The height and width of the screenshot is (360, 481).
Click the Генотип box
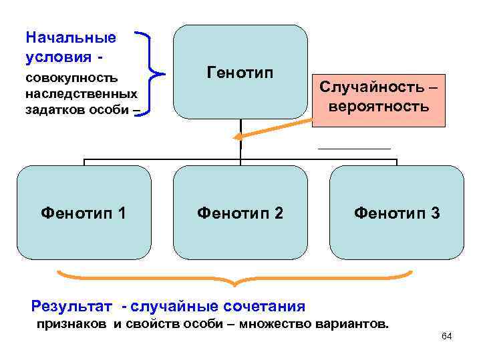click(240, 72)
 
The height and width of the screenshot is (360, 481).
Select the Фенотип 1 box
click(84, 212)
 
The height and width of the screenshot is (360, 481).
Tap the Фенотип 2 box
click(240, 212)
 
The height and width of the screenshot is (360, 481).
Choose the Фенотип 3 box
click(397, 212)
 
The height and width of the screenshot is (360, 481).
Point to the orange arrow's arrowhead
click(236, 137)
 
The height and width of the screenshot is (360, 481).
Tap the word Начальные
click(70, 37)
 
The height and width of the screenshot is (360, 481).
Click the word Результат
click(73, 307)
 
